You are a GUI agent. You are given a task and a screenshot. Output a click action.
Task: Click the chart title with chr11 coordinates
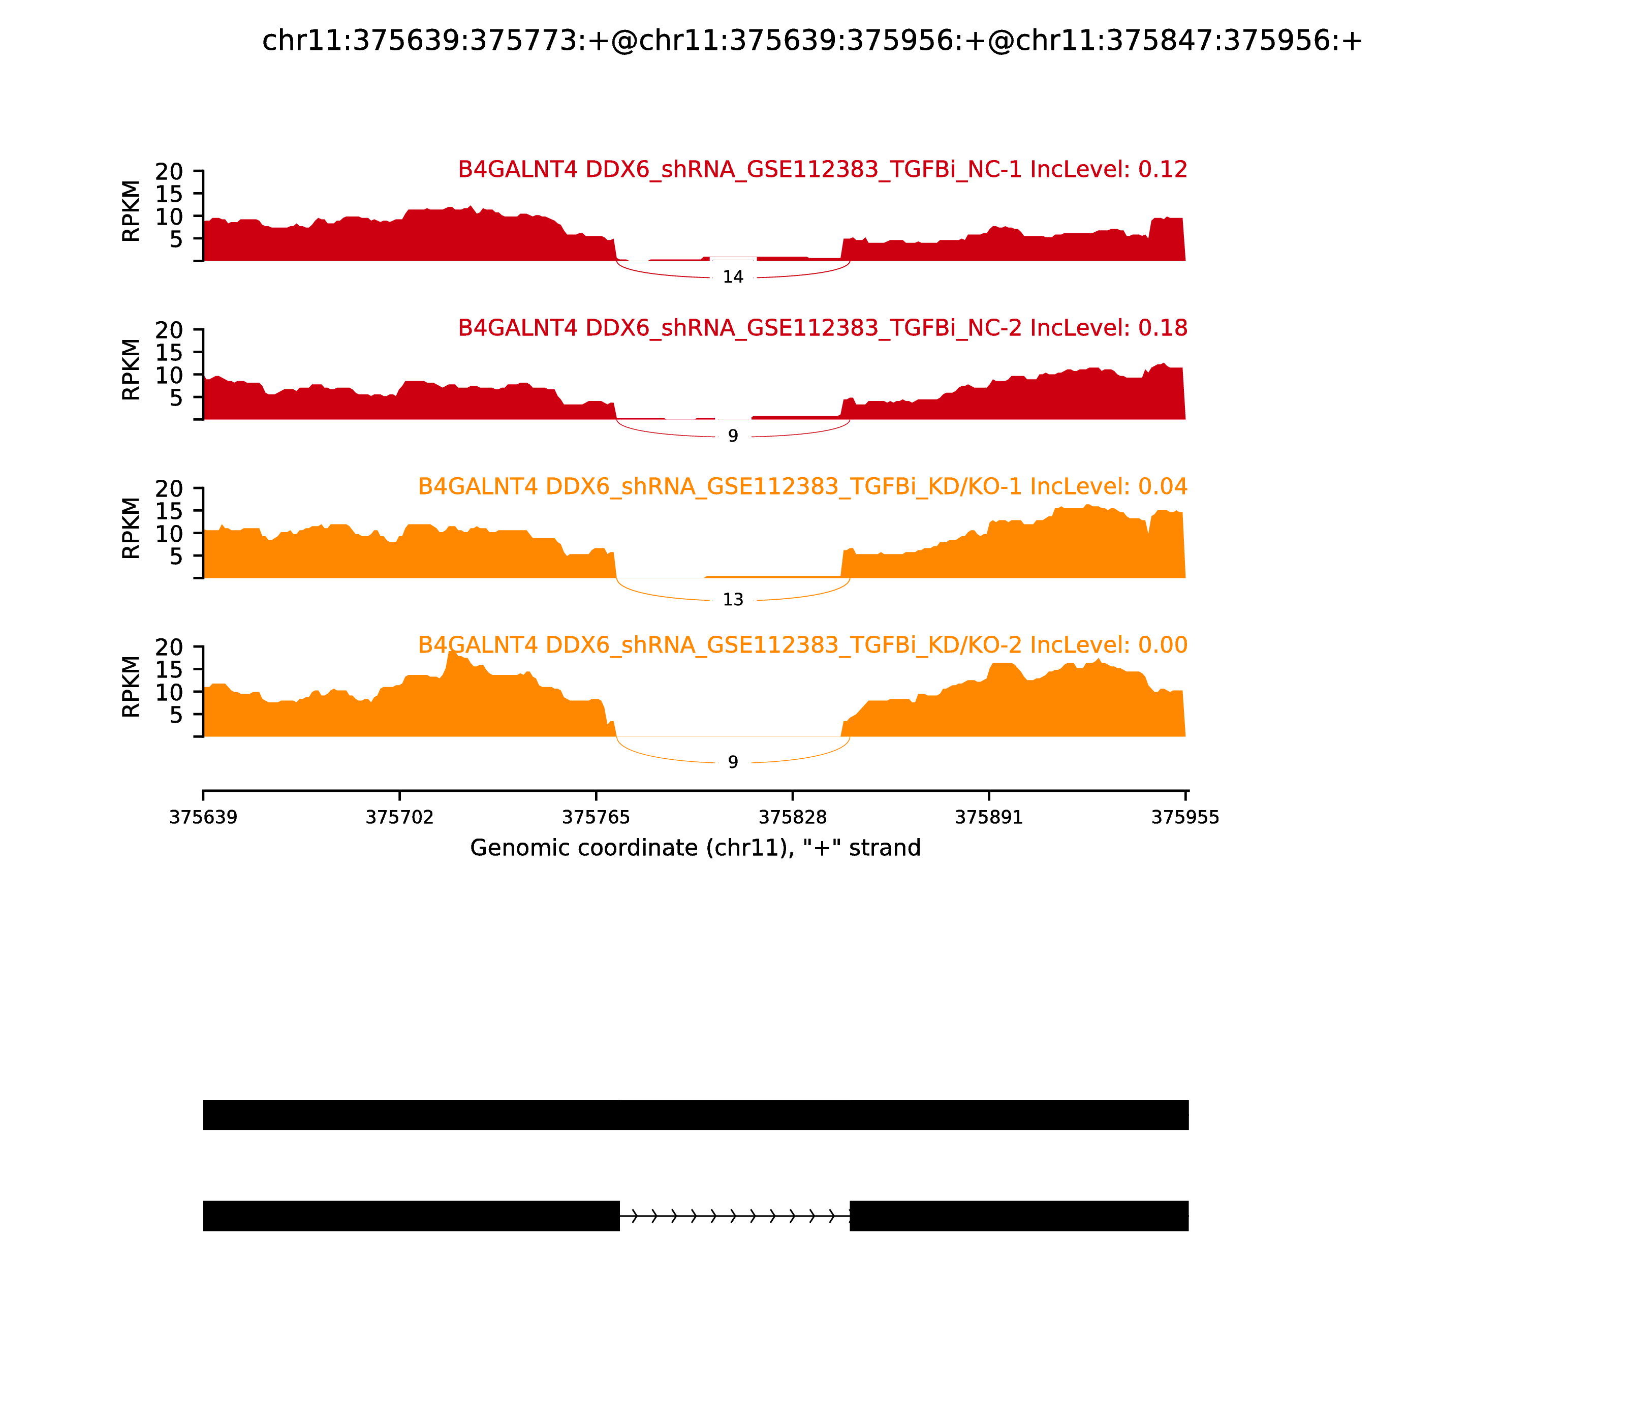pos(812,41)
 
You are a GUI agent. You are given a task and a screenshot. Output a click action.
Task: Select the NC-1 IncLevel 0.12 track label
pos(823,169)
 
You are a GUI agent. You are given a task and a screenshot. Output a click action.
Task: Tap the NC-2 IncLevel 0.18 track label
pos(823,328)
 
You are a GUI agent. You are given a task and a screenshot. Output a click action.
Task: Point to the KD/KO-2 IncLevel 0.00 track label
pos(803,645)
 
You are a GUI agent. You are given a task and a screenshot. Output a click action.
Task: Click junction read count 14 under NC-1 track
pos(733,277)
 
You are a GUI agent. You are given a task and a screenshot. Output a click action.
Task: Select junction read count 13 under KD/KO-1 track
pos(733,600)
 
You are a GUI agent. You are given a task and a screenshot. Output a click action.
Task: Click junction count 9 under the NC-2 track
pos(733,436)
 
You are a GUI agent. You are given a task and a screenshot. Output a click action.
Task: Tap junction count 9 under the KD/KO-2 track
pos(733,762)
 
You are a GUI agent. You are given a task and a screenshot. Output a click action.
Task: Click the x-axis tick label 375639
pos(203,818)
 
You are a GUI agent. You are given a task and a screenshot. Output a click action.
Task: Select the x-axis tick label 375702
pos(399,818)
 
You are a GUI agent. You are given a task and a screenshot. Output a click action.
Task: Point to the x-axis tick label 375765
pos(596,818)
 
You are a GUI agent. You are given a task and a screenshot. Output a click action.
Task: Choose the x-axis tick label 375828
pos(792,818)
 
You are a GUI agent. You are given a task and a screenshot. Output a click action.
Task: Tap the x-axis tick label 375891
pos(988,818)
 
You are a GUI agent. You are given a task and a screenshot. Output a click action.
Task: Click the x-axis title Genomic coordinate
pos(696,848)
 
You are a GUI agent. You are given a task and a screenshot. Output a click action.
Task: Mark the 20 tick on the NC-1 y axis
pos(169,172)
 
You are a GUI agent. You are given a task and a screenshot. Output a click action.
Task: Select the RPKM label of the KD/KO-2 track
pos(131,687)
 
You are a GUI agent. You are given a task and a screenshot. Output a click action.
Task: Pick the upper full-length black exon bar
pos(696,1115)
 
